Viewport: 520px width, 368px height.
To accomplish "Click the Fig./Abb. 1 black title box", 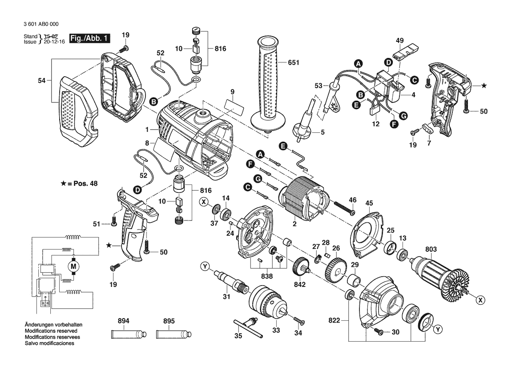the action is (89, 38).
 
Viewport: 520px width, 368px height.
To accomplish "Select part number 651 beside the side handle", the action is (294, 62).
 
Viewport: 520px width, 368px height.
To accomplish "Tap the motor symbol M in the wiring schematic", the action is (74, 266).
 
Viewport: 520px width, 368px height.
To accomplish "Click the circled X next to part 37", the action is (204, 202).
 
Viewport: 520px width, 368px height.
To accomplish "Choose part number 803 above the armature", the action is (431, 249).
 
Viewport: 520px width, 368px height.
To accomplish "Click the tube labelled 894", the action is (129, 333).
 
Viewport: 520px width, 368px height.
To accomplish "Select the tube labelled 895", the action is (173, 333).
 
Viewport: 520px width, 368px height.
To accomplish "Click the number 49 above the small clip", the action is (399, 41).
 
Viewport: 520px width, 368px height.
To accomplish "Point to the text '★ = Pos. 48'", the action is (79, 184).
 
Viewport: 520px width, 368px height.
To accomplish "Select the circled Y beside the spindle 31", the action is (205, 267).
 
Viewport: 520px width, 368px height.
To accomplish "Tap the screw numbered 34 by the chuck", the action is (299, 320).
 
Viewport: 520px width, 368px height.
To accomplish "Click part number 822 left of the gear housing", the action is (334, 320).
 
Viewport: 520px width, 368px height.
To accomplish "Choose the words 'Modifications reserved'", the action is (51, 331).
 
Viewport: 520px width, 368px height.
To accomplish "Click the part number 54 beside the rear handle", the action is (41, 80).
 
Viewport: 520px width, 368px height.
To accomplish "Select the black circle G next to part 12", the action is (403, 116).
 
